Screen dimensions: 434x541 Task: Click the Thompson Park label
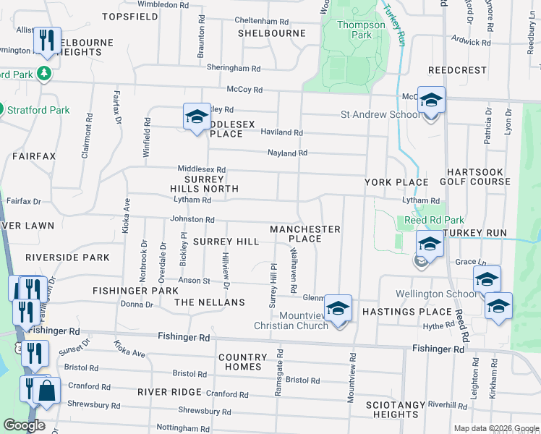pyautogui.click(x=361, y=30)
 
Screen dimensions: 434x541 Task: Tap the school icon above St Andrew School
pyautogui.click(x=431, y=101)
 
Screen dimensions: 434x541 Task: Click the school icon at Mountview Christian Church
pyautogui.click(x=338, y=309)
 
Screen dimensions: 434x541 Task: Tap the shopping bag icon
pyautogui.click(x=46, y=391)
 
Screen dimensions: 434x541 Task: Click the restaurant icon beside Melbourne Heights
pyautogui.click(x=47, y=39)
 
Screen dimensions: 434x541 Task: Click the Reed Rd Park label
pyautogui.click(x=434, y=219)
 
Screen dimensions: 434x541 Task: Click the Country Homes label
pyautogui.click(x=243, y=362)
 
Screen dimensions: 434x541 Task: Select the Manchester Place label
pyautogui.click(x=304, y=234)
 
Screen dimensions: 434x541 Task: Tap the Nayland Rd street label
pyautogui.click(x=288, y=153)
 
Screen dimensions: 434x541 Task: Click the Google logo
pyautogui.click(x=25, y=425)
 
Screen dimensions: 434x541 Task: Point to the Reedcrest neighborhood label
pyautogui.click(x=456, y=70)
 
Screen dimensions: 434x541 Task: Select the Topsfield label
pyautogui.click(x=130, y=16)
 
